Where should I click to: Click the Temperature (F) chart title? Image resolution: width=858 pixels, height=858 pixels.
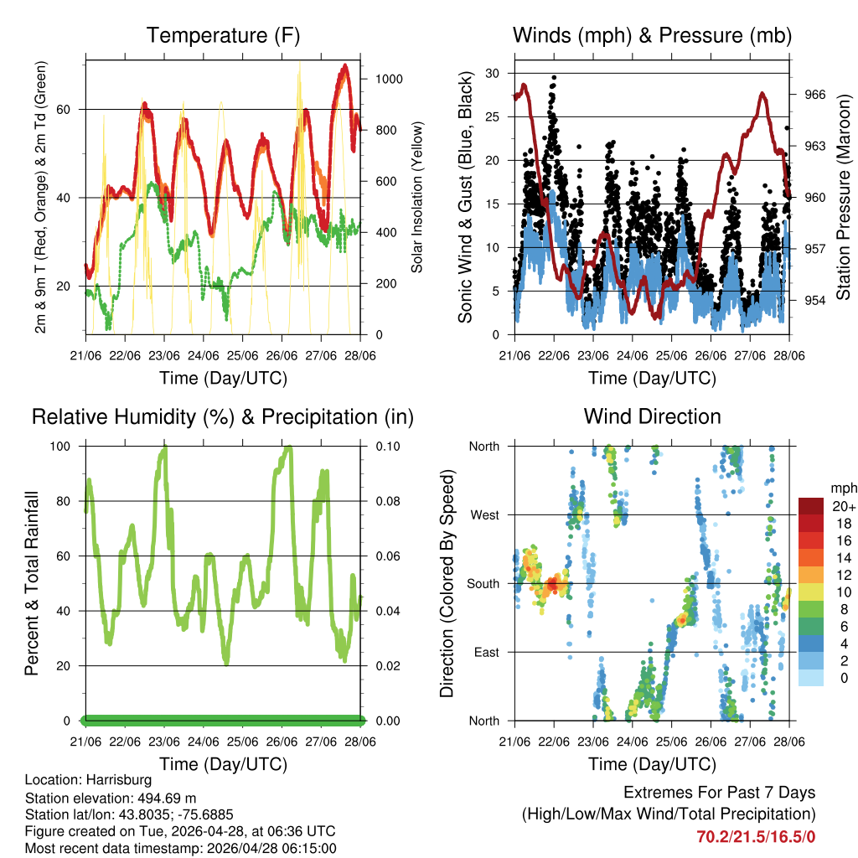[x=223, y=36]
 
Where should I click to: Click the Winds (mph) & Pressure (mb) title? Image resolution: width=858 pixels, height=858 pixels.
[x=652, y=36]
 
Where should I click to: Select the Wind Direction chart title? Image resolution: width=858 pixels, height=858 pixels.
[x=652, y=416]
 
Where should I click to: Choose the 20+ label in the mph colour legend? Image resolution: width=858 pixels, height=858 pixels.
[x=843, y=506]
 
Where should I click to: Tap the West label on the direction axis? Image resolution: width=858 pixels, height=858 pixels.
[x=484, y=514]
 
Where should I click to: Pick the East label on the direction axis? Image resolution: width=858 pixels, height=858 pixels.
[x=486, y=652]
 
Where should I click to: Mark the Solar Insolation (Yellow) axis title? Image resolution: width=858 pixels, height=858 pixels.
[x=416, y=197]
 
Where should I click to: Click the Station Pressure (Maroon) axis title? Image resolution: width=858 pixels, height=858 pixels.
[x=843, y=197]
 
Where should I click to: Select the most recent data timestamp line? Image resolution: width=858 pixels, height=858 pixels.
[x=180, y=848]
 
